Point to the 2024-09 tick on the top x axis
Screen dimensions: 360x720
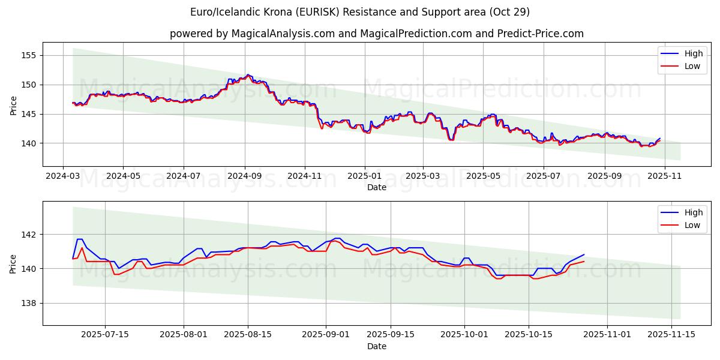click(244, 177)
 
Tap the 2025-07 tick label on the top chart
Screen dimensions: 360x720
click(543, 177)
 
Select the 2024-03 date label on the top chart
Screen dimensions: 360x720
click(64, 177)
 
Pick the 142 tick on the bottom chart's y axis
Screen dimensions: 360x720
click(29, 235)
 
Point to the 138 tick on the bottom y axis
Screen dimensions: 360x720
click(29, 304)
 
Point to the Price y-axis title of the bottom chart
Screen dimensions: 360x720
click(13, 263)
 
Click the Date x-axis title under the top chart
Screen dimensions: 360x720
click(377, 187)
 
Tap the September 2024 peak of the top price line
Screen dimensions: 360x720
click(248, 75)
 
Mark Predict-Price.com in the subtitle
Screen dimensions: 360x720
click(542, 34)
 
